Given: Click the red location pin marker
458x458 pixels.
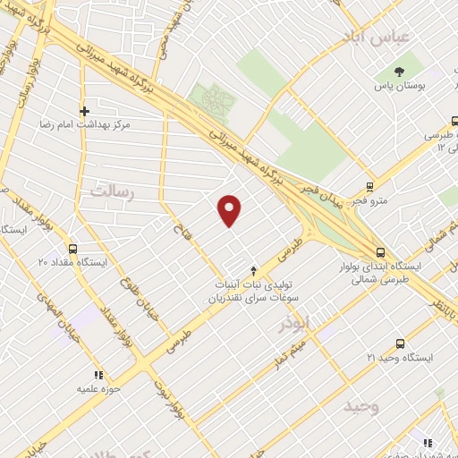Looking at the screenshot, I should click(230, 209).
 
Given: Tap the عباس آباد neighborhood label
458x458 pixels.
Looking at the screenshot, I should click(375, 36).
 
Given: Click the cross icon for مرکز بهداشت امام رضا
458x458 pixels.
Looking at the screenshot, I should click(84, 112).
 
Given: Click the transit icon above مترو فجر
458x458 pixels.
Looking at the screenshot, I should click(369, 188).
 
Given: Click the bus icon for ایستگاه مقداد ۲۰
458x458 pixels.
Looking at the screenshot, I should click(72, 250).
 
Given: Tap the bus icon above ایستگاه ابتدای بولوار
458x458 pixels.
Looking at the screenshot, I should click(381, 251).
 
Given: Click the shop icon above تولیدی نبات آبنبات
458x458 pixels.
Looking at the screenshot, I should click(253, 269).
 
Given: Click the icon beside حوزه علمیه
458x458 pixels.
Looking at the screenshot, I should click(98, 375).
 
